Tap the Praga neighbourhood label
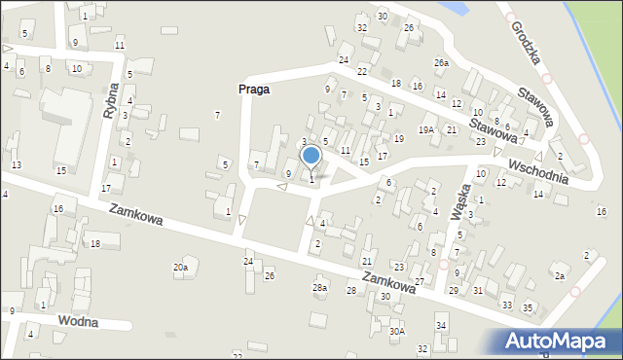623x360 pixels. click(x=253, y=89)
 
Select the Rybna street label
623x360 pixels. click(x=112, y=99)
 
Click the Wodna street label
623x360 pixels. click(x=78, y=322)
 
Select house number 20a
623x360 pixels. click(x=180, y=267)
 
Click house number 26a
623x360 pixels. click(x=442, y=63)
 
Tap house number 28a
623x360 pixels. click(x=319, y=287)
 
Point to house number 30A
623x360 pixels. click(x=396, y=331)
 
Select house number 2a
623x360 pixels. click(x=560, y=276)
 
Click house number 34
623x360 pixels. click(x=441, y=325)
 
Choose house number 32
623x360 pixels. click(x=361, y=27)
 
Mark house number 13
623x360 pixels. click(x=16, y=165)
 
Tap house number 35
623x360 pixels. click(x=528, y=307)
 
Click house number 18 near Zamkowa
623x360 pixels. click(x=94, y=243)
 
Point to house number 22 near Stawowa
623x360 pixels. click(x=362, y=72)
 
